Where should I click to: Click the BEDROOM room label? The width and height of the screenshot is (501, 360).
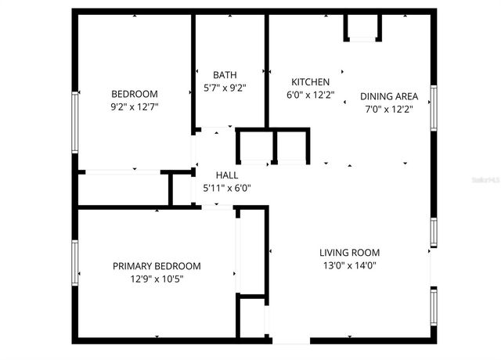[x=134, y=93]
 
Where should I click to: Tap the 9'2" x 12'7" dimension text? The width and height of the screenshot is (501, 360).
[x=134, y=107]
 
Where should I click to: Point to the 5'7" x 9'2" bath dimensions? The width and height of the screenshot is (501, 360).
[x=224, y=88]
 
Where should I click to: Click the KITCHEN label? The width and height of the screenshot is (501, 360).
[x=311, y=81]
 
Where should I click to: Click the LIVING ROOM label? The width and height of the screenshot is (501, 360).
[x=349, y=252]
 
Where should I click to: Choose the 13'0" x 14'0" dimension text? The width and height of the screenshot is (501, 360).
[x=349, y=266]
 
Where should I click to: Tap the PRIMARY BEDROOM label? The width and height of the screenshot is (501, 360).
[x=156, y=266]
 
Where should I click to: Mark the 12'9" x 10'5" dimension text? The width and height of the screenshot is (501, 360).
[x=156, y=279]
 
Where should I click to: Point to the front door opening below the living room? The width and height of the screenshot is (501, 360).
[x=290, y=340]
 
